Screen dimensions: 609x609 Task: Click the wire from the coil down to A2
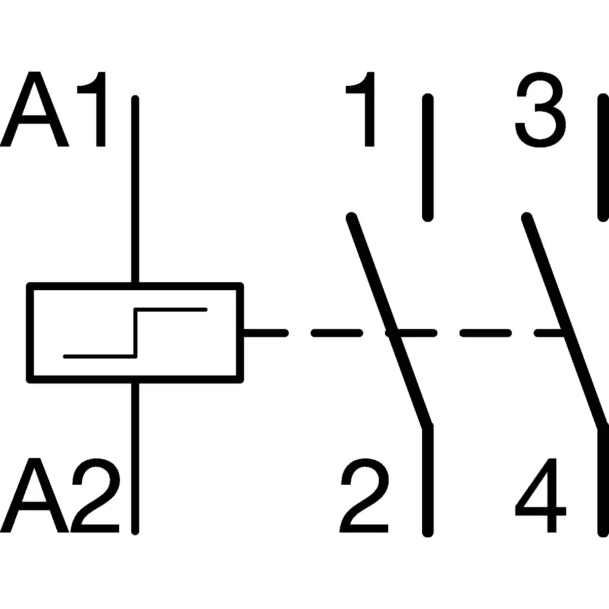point(135,457)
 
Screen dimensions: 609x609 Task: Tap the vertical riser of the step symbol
point(136,332)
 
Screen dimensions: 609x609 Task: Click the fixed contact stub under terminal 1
point(428,157)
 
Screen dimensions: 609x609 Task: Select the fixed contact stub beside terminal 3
point(602,157)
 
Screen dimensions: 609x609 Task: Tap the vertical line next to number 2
point(428,482)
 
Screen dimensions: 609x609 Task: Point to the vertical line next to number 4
point(602,482)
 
